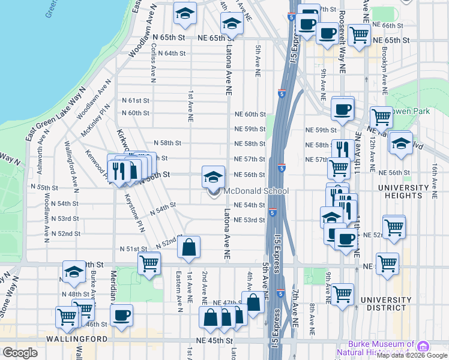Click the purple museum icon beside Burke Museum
[x=423, y=347]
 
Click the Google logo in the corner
[x=20, y=353]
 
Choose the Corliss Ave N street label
[x=154, y=66]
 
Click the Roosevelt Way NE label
[x=342, y=48]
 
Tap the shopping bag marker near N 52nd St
[x=188, y=247]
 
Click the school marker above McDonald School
[x=213, y=176]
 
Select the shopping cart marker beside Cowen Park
[x=381, y=117]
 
